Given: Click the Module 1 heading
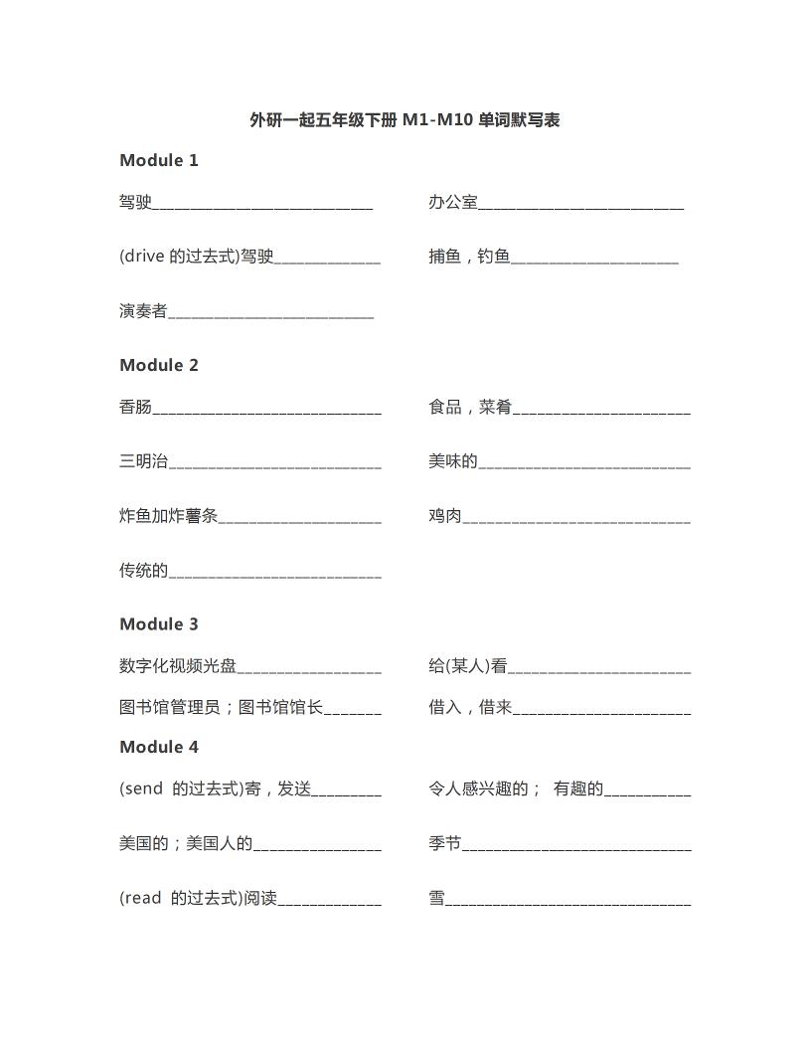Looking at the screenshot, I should (x=159, y=160).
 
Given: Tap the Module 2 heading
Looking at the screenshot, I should (x=159, y=365).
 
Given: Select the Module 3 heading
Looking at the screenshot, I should (x=159, y=624).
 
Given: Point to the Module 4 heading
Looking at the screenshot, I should (x=159, y=747).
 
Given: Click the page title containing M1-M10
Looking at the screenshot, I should (x=405, y=120).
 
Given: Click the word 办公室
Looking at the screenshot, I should (x=453, y=203).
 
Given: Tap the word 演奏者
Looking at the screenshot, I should (x=143, y=311).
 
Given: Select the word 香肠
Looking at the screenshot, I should (x=135, y=407).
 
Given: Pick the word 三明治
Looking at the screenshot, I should (x=143, y=461).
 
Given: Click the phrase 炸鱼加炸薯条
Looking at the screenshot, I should (x=168, y=516).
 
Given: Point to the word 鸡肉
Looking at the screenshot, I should (x=445, y=516).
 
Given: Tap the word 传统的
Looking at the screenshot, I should (x=143, y=571).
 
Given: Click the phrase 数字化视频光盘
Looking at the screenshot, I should (x=178, y=666).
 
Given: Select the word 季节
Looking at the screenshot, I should (x=445, y=844).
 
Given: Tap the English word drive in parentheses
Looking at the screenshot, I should (x=144, y=257).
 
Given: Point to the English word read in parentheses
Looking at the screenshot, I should (x=143, y=899).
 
